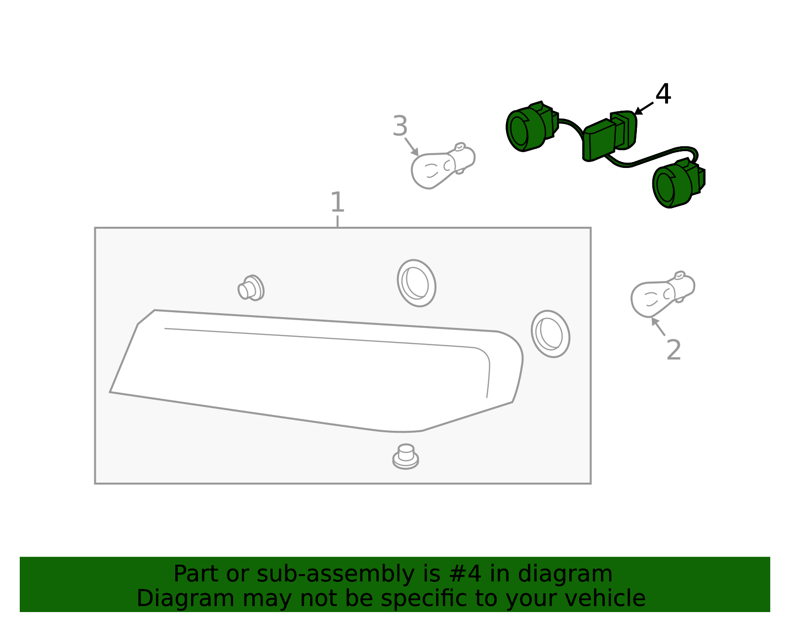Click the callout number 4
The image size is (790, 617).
click(x=663, y=94)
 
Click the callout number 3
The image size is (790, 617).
click(x=400, y=126)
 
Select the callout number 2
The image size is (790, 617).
click(x=673, y=350)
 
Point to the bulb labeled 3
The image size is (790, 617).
click(x=442, y=166)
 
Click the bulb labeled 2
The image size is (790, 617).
click(x=663, y=294)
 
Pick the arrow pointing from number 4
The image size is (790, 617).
click(x=643, y=109)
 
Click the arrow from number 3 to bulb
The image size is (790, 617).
click(x=412, y=147)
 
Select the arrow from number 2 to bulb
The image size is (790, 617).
click(x=658, y=327)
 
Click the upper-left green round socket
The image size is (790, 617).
click(x=532, y=126)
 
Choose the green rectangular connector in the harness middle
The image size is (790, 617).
click(x=609, y=136)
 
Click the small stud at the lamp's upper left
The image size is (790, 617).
click(x=251, y=288)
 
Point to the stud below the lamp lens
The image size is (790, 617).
click(x=405, y=456)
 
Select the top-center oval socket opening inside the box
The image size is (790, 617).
click(x=416, y=283)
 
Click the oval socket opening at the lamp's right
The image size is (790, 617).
click(x=550, y=334)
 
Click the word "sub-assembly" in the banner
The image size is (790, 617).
click(x=336, y=574)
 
